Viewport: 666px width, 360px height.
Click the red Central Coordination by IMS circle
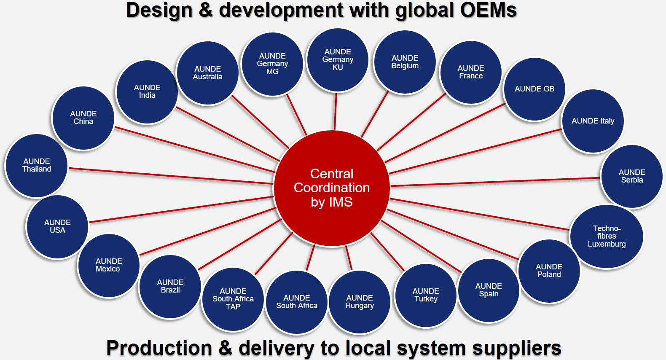[x=332, y=188]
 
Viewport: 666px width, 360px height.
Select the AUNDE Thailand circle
[x=37, y=165]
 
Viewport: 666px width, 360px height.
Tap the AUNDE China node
[x=83, y=118]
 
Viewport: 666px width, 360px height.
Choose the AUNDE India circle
[x=147, y=91]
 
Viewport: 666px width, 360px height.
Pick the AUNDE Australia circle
[x=207, y=73]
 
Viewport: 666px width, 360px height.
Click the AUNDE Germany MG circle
[x=272, y=64]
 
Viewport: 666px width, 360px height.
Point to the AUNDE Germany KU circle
[x=338, y=59]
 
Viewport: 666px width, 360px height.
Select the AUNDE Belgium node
[x=405, y=62]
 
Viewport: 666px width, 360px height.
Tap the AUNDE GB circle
[x=534, y=89]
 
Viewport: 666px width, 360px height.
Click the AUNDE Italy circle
[x=593, y=121]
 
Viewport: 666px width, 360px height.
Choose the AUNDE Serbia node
[x=631, y=176]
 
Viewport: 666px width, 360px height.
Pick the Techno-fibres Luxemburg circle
[x=607, y=236]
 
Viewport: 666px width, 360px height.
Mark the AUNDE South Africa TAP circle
[x=233, y=299]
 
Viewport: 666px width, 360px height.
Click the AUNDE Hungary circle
[x=360, y=302]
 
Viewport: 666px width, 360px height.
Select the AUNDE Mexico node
[x=108, y=265]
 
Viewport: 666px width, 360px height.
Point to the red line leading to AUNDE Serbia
[x=495, y=182]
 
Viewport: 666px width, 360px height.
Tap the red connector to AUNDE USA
[x=181, y=209]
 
